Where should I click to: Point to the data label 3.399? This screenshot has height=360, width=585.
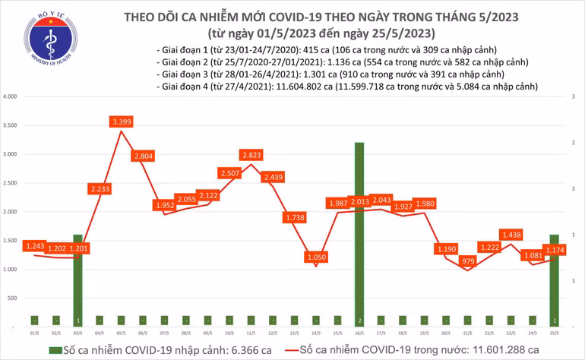pyautogui.click(x=121, y=122)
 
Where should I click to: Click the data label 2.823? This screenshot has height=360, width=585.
pyautogui.click(x=251, y=155)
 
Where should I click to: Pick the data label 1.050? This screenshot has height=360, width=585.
pyautogui.click(x=315, y=257)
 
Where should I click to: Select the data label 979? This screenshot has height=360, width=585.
pyautogui.click(x=467, y=261)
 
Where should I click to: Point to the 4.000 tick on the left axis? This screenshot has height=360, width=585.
pyautogui.click(x=11, y=97)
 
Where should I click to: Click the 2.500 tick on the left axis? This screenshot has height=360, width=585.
pyautogui.click(x=11, y=184)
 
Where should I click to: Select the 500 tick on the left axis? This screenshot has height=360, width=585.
pyautogui.click(x=13, y=298)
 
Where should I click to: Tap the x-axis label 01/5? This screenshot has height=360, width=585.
pyautogui.click(x=33, y=333)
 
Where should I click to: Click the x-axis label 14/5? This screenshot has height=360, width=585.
pyautogui.click(x=315, y=333)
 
